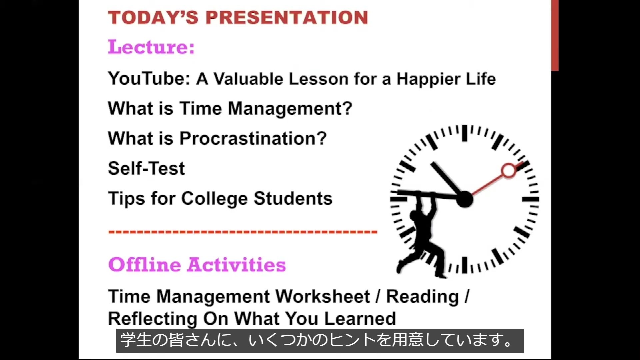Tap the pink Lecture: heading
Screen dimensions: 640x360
coord(151,47)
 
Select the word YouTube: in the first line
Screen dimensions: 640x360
coord(149,79)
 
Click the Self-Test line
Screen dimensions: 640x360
coord(146,168)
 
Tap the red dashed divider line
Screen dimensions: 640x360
coord(243,232)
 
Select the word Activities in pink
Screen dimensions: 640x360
coord(236,265)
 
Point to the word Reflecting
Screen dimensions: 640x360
coord(153,319)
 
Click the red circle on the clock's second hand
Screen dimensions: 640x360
coord(508,171)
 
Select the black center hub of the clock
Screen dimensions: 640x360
coord(464,199)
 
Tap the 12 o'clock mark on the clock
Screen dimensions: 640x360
coord(464,133)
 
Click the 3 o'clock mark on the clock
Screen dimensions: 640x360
coord(530,199)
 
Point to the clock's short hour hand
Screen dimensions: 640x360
coord(447,180)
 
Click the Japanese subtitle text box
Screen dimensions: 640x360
coord(320,341)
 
